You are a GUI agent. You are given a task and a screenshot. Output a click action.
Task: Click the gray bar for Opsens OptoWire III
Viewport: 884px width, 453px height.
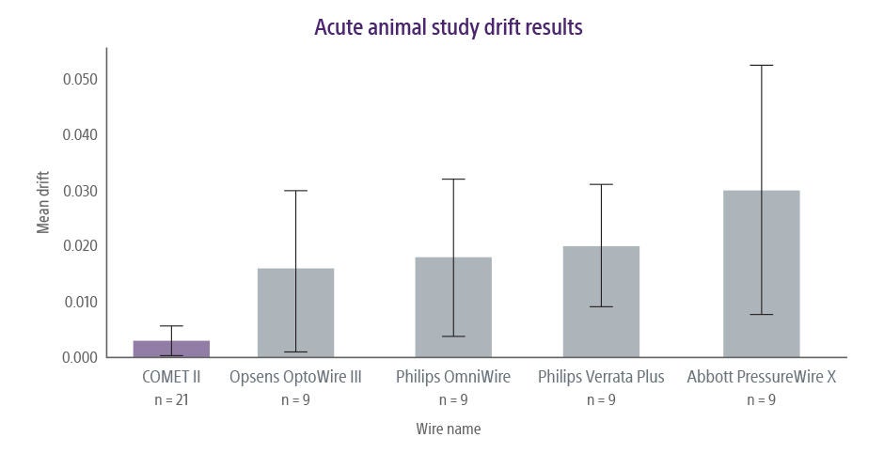(295, 313)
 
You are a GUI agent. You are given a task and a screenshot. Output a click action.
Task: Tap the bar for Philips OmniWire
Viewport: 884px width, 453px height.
(453, 307)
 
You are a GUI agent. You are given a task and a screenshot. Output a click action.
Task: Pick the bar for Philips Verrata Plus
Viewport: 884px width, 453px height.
(601, 302)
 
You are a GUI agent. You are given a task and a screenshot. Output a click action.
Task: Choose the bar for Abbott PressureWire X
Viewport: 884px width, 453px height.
(761, 273)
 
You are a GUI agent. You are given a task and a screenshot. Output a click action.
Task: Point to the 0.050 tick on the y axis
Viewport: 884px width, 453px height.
(80, 79)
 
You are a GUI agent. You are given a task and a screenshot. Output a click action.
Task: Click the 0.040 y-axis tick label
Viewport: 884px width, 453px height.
(80, 134)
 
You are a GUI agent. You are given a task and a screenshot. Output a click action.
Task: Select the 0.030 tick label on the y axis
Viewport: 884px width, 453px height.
(80, 191)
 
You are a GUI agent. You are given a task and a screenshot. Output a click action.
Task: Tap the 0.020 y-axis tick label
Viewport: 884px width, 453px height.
(80, 246)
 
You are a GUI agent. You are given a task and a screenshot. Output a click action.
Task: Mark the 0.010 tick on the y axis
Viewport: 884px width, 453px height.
(80, 302)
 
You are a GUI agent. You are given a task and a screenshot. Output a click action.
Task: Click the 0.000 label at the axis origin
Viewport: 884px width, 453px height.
(80, 357)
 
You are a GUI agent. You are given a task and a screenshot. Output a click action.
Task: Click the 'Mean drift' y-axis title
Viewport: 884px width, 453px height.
(43, 203)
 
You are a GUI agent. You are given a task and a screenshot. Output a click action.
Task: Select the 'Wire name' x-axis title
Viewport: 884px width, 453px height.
(449, 429)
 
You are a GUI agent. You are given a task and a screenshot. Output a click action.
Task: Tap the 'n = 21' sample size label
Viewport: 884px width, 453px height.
(171, 399)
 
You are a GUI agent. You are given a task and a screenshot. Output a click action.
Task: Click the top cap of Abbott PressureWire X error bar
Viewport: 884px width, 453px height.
(761, 65)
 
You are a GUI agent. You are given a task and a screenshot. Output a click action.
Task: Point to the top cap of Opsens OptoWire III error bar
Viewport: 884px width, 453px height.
(295, 191)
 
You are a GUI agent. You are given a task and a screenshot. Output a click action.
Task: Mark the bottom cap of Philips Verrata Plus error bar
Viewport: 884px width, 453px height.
(601, 306)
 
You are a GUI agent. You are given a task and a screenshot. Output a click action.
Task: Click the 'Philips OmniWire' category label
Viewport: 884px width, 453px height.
(453, 378)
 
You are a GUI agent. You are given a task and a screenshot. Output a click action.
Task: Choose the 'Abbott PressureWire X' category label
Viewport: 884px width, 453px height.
(761, 378)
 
